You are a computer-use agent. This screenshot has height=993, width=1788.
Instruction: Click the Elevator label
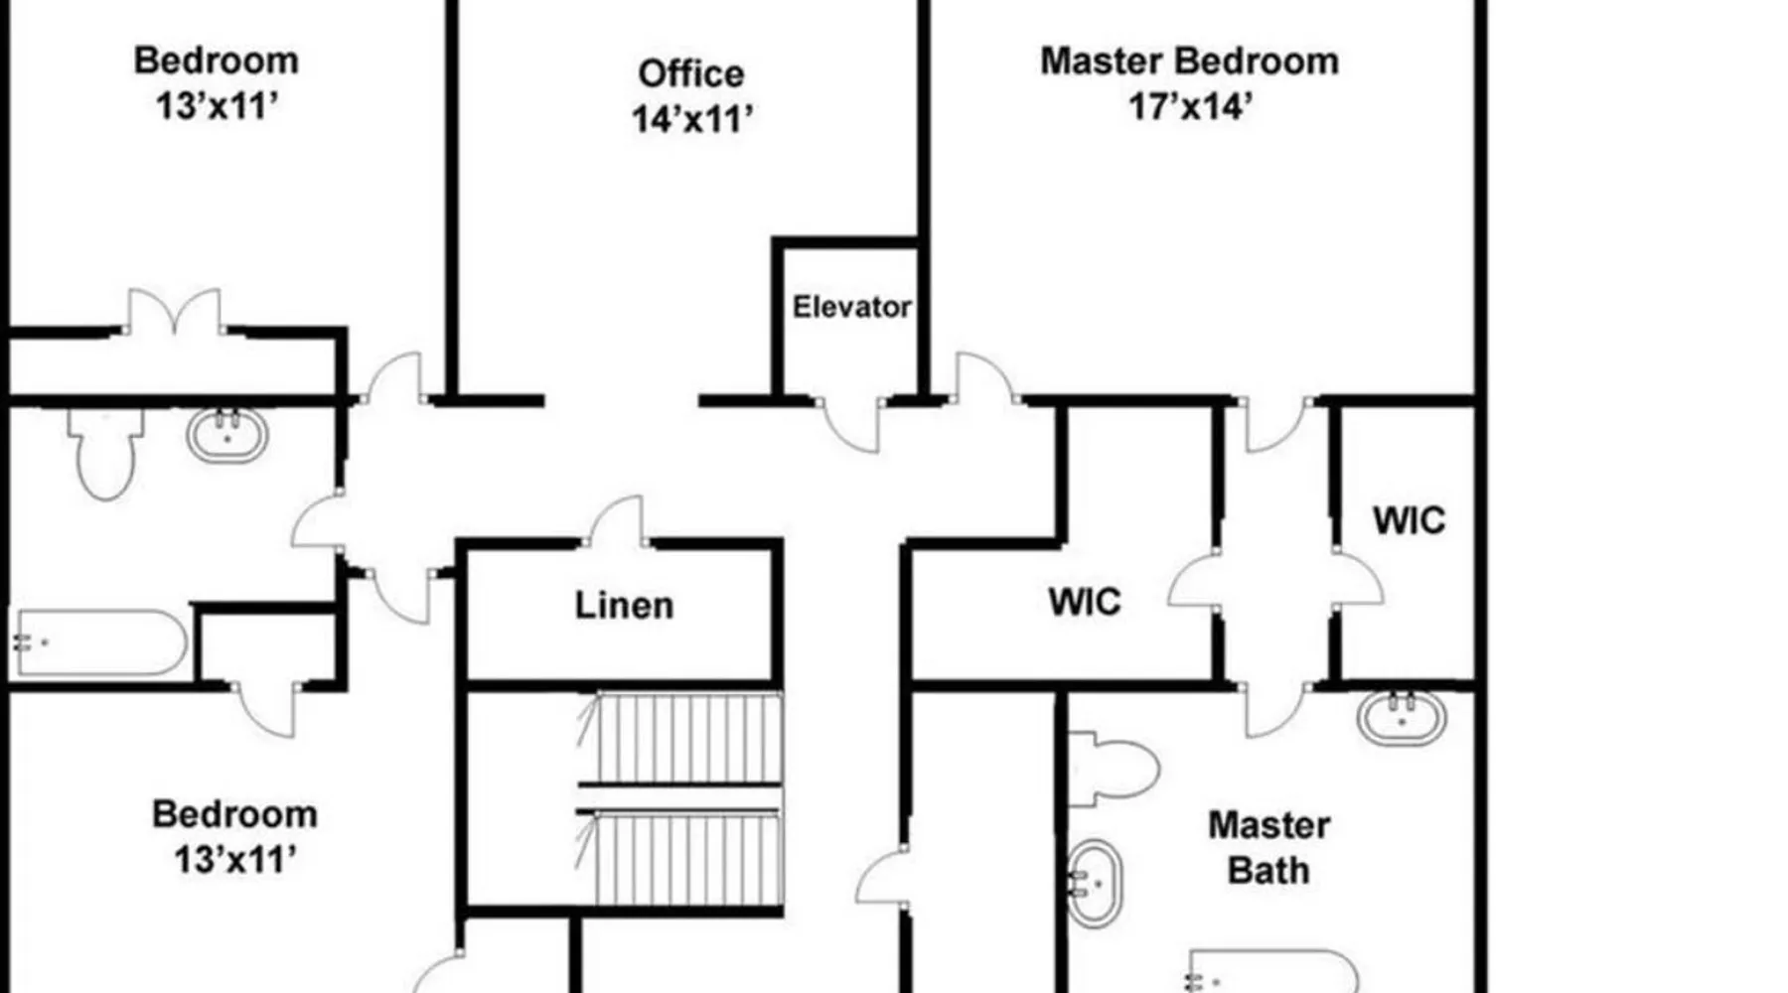pos(851,307)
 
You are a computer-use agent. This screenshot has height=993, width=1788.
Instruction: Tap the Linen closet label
pos(624,606)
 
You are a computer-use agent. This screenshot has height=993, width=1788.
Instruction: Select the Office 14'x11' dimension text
pos(692,120)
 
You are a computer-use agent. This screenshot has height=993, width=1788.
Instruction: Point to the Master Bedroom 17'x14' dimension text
pos(1189,105)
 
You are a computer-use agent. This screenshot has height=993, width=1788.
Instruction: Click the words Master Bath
pos(1268,848)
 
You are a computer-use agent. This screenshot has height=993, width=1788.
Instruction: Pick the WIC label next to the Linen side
pos(1084,603)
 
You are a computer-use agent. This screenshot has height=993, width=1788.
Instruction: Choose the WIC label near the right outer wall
pos(1409,521)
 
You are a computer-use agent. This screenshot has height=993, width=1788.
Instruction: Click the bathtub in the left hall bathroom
pos(99,643)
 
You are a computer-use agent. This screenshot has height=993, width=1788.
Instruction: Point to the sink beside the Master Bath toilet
pos(1094,884)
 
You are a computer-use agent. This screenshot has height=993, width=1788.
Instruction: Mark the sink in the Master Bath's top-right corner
pos(1402,717)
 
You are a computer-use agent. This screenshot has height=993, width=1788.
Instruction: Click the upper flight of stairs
pos(680,738)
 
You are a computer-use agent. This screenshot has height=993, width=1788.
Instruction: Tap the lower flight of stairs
pos(680,858)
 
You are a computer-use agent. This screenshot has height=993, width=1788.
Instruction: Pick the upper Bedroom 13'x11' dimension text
pos(217,105)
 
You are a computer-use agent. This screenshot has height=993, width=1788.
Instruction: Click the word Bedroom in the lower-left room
pos(234,814)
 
